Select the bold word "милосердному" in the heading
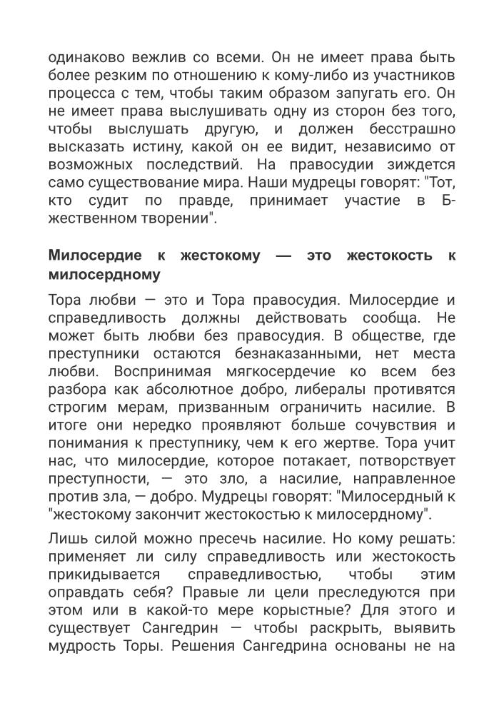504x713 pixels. point(104,274)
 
